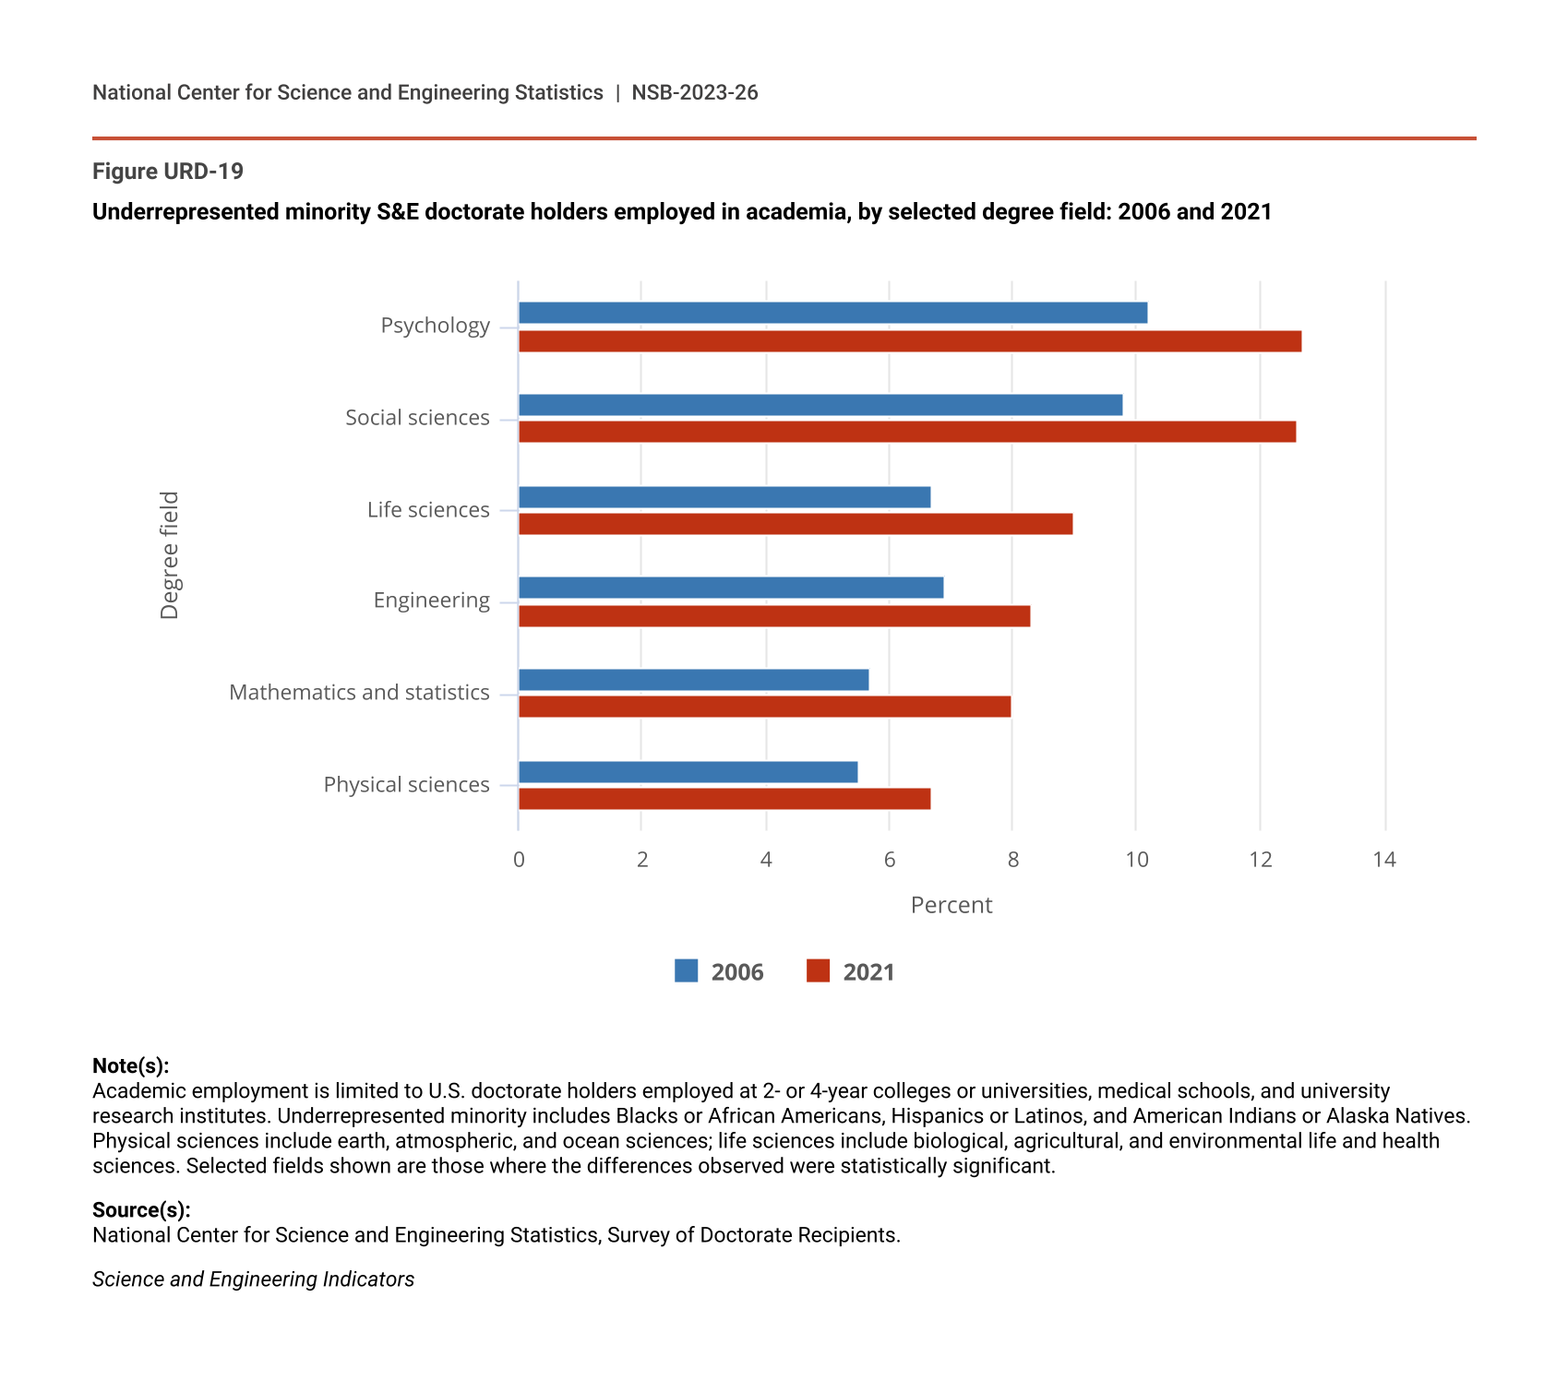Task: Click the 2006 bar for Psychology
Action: [x=832, y=313]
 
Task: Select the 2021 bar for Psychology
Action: [x=909, y=341]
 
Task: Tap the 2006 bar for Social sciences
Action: [x=820, y=405]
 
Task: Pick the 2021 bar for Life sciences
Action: [x=795, y=524]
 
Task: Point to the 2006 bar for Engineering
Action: [x=730, y=588]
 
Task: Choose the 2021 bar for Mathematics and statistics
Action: [x=764, y=707]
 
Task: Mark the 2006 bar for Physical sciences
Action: [x=688, y=772]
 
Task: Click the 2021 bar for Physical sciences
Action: [x=724, y=799]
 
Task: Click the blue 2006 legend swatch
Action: [x=686, y=971]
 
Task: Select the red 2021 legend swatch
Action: [x=818, y=971]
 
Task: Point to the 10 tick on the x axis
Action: [x=1136, y=860]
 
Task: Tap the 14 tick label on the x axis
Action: [x=1383, y=860]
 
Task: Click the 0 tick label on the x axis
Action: [x=519, y=860]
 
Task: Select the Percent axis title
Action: [x=951, y=905]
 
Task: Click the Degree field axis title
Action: [x=170, y=555]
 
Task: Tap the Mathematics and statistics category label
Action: [x=359, y=693]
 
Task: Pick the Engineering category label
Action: [x=431, y=601]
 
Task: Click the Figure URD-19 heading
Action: [x=168, y=172]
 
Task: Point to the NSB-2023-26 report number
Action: [x=694, y=92]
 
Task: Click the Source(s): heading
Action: [x=141, y=1210]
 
